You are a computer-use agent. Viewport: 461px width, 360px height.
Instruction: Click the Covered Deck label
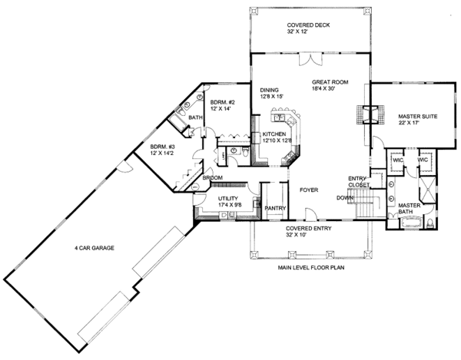(x=310, y=27)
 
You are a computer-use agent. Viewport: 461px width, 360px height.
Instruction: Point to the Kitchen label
(x=275, y=137)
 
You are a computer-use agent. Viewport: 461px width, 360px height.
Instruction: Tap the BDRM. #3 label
(x=163, y=150)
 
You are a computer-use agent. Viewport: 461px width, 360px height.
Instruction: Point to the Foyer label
(x=309, y=187)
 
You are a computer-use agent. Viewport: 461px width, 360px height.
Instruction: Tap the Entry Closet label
(x=358, y=181)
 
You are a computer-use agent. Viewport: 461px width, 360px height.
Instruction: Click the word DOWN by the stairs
(x=345, y=197)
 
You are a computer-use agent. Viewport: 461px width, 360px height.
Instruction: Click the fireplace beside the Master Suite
(x=366, y=114)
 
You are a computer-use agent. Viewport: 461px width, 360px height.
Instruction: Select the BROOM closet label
(x=213, y=178)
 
